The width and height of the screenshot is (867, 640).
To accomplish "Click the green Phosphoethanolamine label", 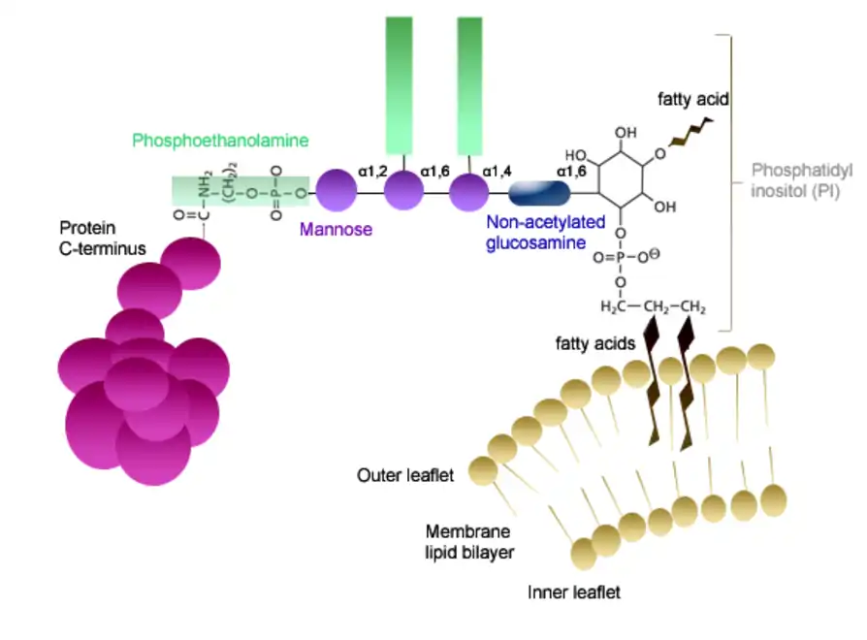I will click(220, 142).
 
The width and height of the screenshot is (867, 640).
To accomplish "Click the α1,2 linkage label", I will click(371, 171).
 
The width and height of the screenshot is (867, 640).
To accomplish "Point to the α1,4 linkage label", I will click(498, 171).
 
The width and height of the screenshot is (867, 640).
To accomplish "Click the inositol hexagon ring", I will click(622, 176).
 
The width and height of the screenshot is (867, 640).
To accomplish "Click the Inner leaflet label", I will click(573, 591).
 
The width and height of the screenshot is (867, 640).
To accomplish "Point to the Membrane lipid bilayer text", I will click(469, 541).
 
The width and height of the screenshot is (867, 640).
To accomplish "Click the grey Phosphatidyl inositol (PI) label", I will click(801, 180).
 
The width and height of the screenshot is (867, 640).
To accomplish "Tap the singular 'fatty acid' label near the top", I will click(692, 99).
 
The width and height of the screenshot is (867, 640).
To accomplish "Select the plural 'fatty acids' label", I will click(594, 342).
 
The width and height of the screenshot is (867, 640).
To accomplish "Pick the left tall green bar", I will click(399, 82).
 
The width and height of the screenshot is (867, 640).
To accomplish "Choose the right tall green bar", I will click(469, 82).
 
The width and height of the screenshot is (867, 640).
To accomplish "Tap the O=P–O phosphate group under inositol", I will click(626, 258).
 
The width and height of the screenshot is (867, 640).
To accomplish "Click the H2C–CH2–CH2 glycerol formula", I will click(652, 308).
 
